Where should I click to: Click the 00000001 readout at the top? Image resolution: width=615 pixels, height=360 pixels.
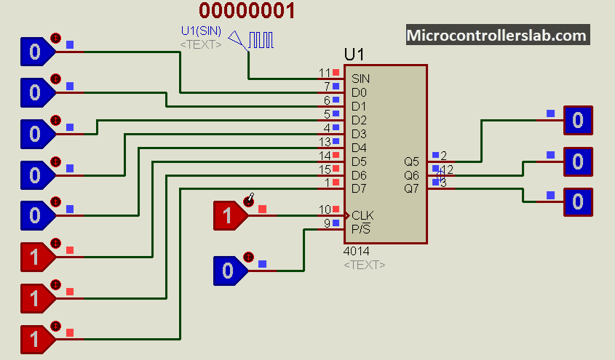tap(247, 11)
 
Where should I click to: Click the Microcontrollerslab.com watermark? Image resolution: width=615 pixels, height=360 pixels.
tap(496, 35)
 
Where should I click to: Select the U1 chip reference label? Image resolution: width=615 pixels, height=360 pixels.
tap(354, 55)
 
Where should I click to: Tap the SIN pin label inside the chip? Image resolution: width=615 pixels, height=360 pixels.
tap(360, 79)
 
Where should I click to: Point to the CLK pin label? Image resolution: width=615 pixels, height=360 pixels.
tap(362, 215)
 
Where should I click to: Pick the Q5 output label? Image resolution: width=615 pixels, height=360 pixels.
tap(411, 161)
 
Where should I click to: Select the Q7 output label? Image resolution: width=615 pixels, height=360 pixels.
tap(411, 188)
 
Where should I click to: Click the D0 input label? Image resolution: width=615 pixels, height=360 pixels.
tap(359, 92)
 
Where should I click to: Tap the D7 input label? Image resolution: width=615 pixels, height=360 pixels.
tap(359, 188)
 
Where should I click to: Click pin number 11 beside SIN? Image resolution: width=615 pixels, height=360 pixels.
tap(325, 73)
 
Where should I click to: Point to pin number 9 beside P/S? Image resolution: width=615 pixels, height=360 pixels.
tap(328, 223)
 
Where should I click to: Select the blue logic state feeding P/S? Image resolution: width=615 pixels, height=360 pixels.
tap(229, 271)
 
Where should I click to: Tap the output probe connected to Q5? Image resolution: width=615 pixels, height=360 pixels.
tap(578, 120)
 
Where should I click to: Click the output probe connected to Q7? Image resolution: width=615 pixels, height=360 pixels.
tap(578, 201)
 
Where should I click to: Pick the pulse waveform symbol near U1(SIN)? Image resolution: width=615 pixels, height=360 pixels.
tap(261, 40)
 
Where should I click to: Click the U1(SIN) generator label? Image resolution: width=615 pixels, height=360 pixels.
tap(201, 31)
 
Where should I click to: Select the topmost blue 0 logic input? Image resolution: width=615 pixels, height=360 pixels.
tap(36, 52)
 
